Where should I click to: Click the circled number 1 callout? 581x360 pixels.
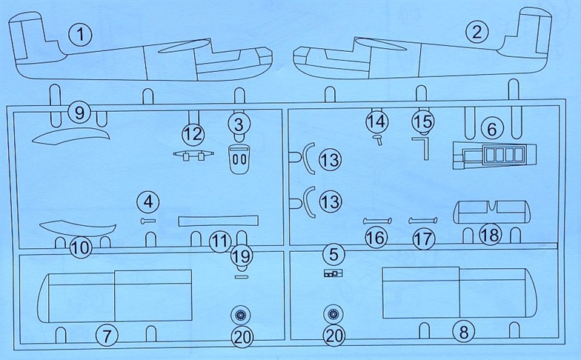[80, 35]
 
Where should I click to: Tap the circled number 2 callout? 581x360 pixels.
[477, 32]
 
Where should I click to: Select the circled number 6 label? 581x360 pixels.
[492, 129]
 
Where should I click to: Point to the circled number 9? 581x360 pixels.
[80, 113]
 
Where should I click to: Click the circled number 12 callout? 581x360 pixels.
[193, 133]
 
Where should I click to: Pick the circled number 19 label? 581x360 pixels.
[242, 256]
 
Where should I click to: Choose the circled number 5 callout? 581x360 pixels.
[333, 255]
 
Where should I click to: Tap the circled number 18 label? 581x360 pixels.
[491, 234]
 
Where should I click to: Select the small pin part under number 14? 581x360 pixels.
[378, 139]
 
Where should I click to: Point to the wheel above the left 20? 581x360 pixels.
[240, 316]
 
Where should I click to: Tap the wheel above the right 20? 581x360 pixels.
[333, 314]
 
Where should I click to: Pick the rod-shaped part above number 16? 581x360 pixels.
[377, 221]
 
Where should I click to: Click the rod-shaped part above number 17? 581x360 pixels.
[422, 221]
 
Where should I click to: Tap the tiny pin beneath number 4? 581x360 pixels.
[148, 221]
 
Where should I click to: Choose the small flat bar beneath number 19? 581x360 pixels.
[242, 276]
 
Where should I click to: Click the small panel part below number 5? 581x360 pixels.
[333, 274]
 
